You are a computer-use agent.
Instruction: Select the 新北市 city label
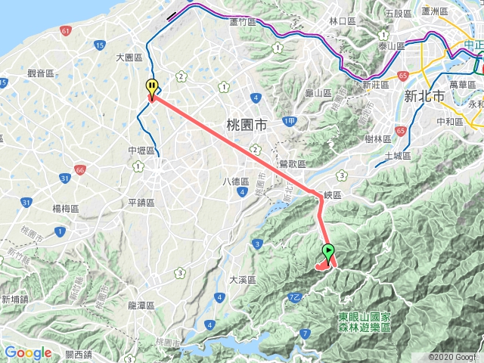click(x=422, y=96)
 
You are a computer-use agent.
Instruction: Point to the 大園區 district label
click(x=129, y=57)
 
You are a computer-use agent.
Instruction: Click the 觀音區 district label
click(x=40, y=73)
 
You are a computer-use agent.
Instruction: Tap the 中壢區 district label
click(x=141, y=151)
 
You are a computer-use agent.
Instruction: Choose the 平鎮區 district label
click(x=141, y=202)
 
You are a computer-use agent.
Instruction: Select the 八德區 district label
click(x=236, y=181)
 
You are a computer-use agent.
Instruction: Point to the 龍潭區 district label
click(x=141, y=306)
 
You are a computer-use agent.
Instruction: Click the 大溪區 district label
click(x=244, y=280)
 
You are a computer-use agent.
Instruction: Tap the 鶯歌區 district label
click(x=292, y=163)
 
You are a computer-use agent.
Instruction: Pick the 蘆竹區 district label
click(x=244, y=22)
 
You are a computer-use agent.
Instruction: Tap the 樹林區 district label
click(x=377, y=138)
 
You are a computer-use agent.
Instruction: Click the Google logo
click(x=28, y=352)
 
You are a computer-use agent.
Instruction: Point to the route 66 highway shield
click(x=80, y=171)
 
